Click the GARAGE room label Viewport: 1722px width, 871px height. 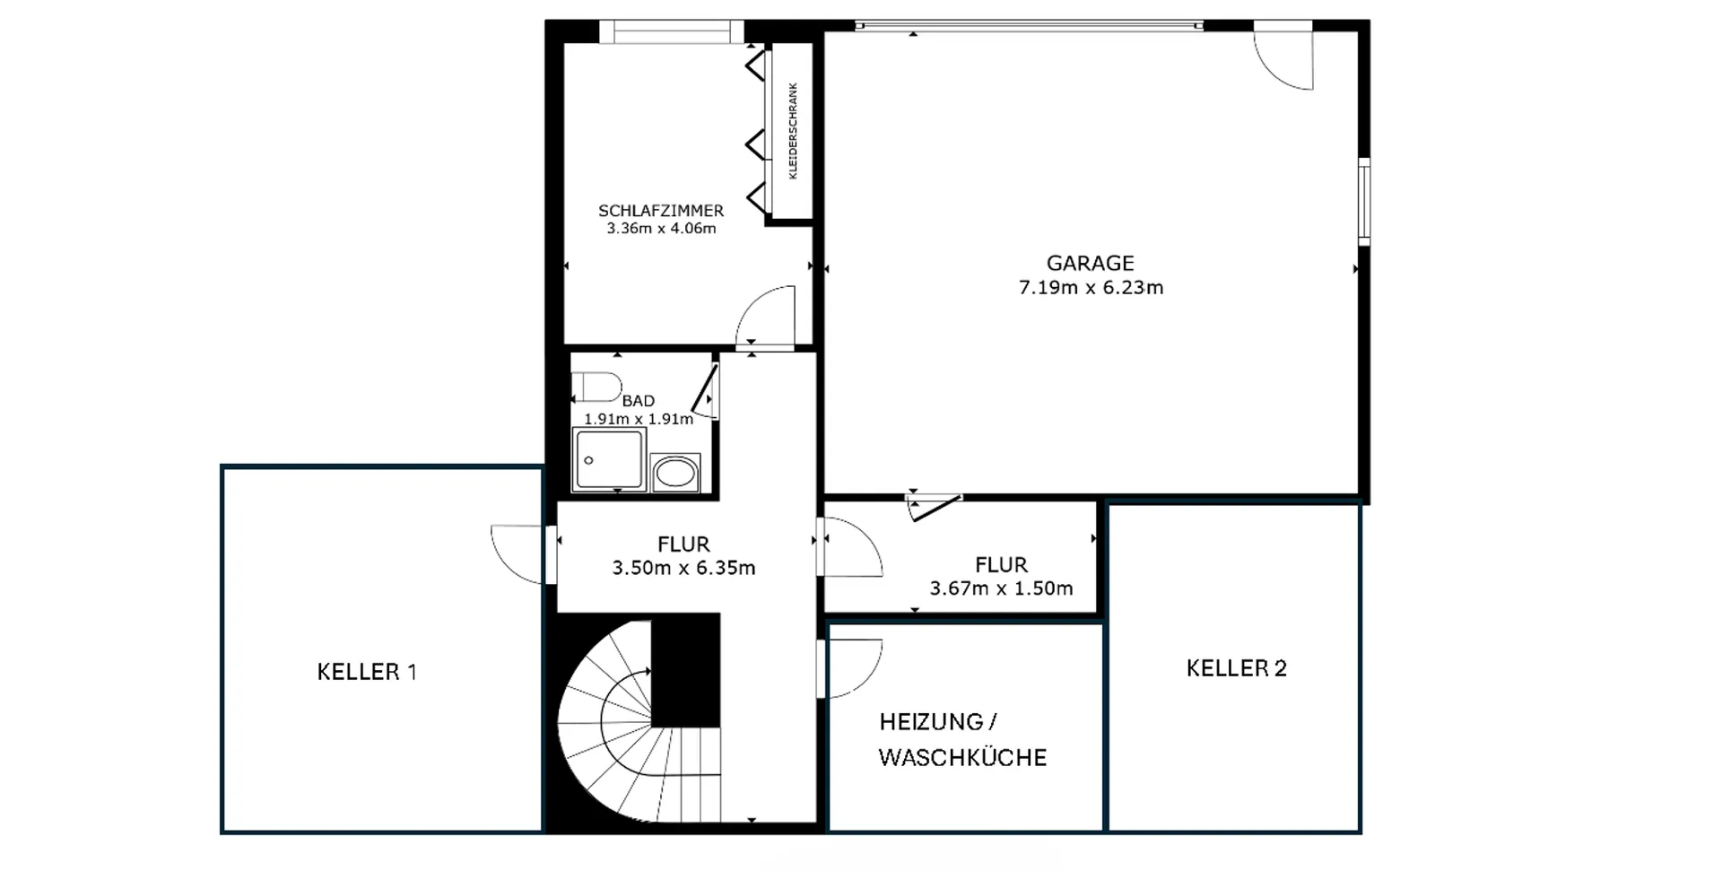pos(1090,263)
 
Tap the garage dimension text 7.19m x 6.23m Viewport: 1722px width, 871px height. pos(1091,288)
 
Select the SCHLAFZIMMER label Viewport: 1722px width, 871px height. pos(661,211)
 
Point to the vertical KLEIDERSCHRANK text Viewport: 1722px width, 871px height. pos(793,131)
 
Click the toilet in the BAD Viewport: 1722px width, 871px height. pos(597,387)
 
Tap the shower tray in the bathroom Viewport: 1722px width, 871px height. pos(609,459)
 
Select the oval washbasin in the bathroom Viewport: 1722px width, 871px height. pos(675,473)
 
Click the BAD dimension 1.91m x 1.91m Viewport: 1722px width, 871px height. pos(639,419)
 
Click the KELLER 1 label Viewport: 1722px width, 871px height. pos(367,672)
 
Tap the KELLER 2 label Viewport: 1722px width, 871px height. pos(1236,668)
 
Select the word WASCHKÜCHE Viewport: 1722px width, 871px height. pos(962,758)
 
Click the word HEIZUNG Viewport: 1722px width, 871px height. pos(931,722)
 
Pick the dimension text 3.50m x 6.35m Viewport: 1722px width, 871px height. pos(683,568)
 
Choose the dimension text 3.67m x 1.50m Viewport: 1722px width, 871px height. pos(1001,589)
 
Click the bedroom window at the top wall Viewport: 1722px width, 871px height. pos(672,32)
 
